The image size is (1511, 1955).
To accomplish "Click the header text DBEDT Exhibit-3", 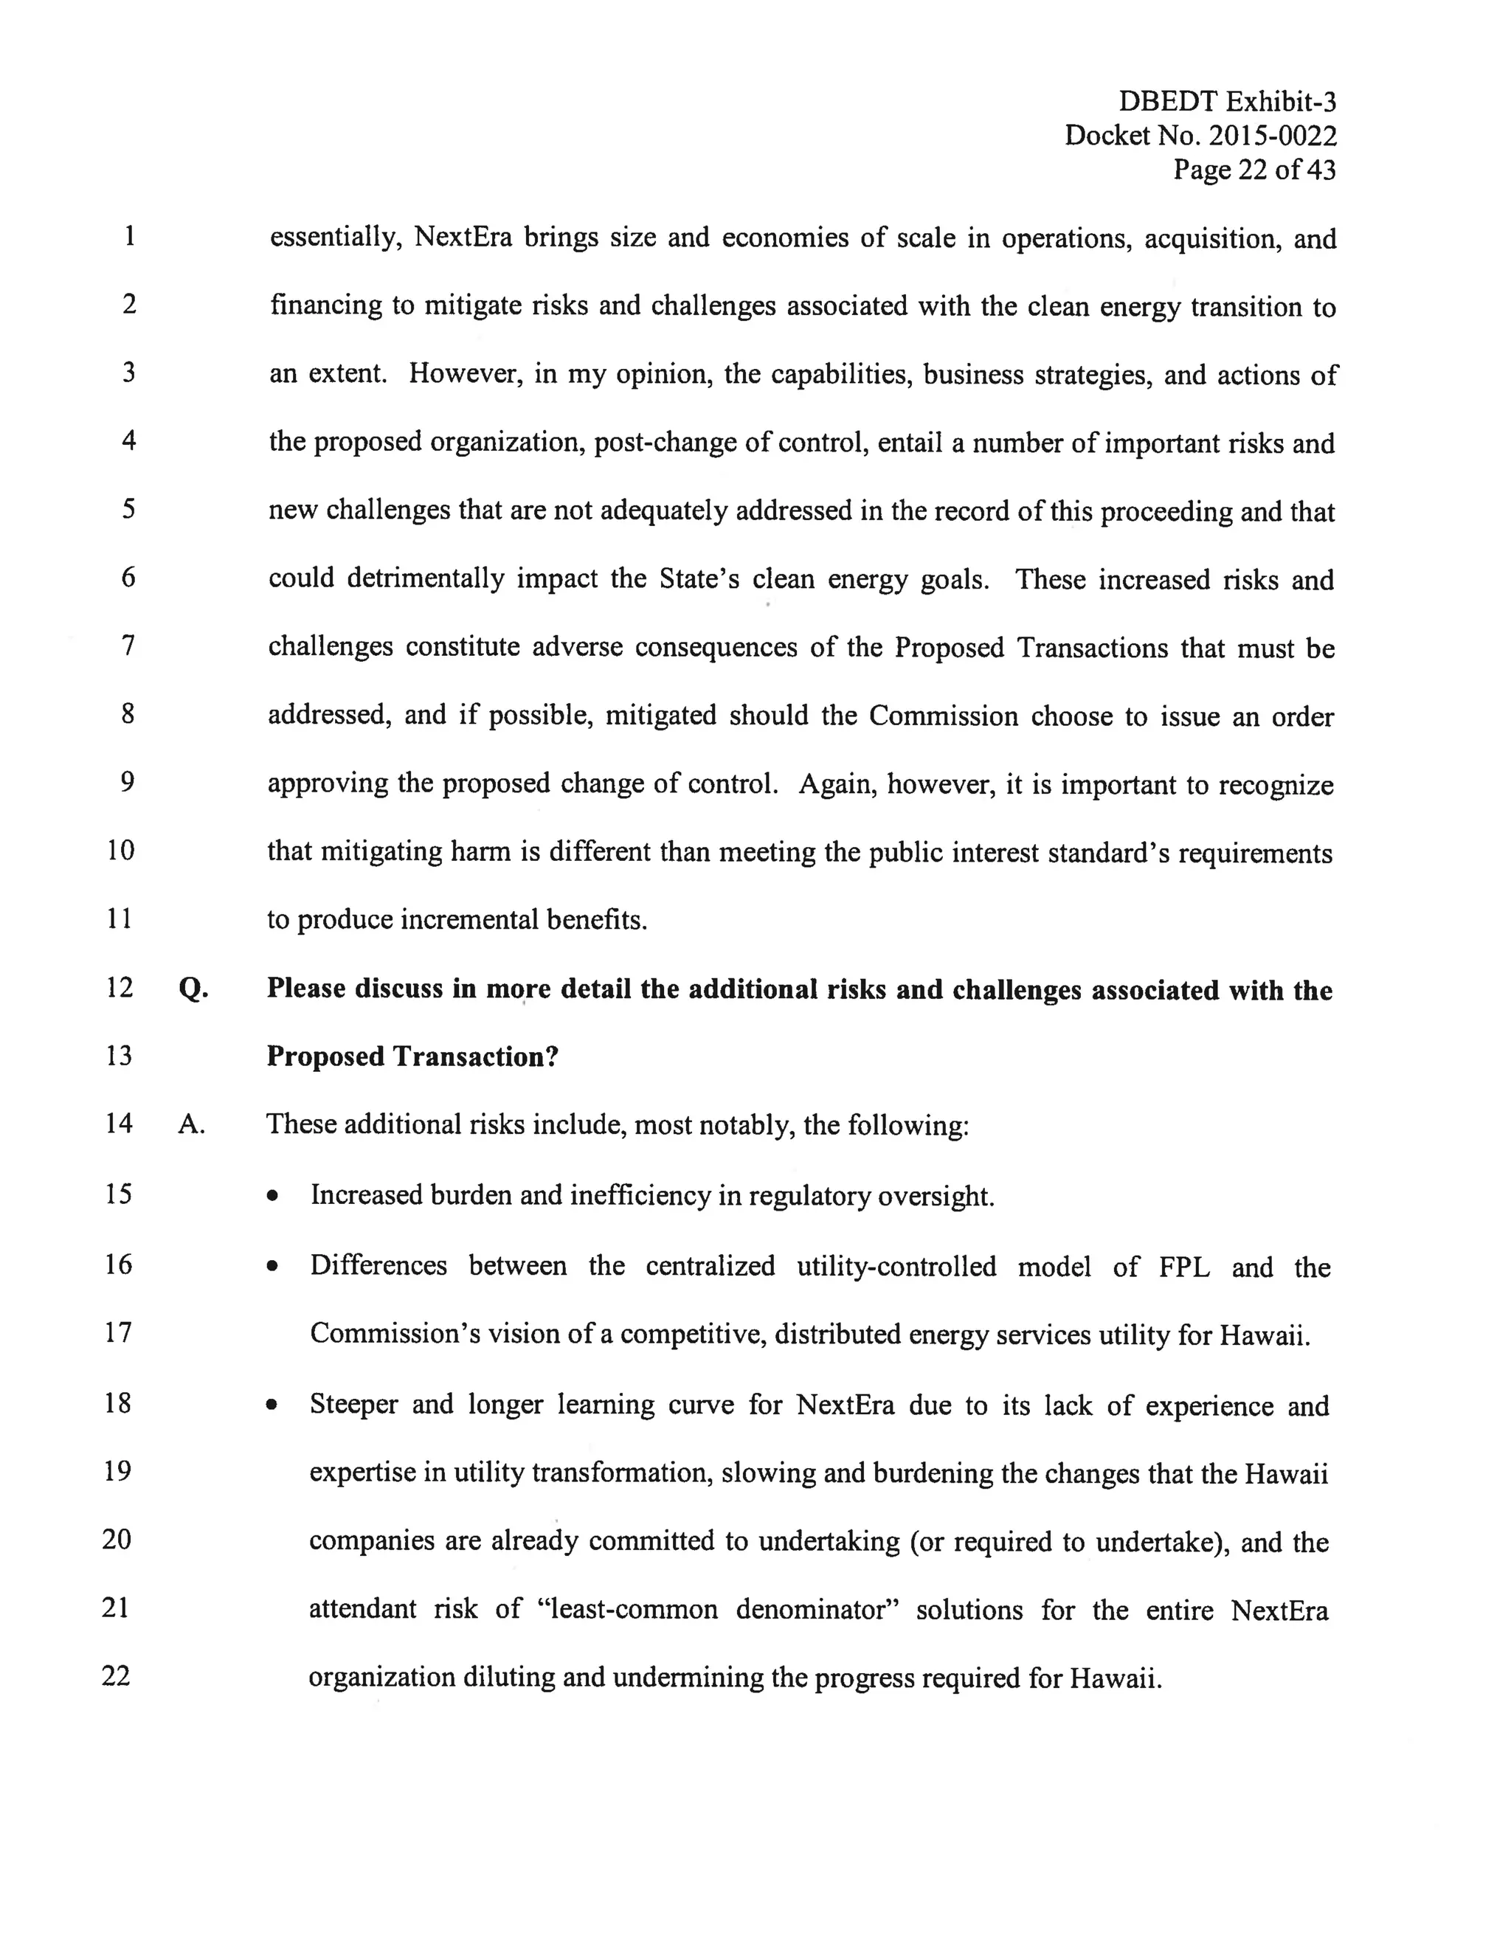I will click(1226, 102).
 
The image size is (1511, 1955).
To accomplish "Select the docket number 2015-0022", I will click(1272, 136).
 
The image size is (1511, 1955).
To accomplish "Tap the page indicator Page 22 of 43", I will click(1254, 170).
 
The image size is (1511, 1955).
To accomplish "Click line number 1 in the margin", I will click(130, 236).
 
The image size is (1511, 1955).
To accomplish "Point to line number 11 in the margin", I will click(119, 918).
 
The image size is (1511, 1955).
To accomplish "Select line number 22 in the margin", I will click(117, 1675).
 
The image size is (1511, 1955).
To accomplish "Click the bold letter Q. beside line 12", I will click(193, 989).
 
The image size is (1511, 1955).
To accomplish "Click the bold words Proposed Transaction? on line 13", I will click(412, 1057).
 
